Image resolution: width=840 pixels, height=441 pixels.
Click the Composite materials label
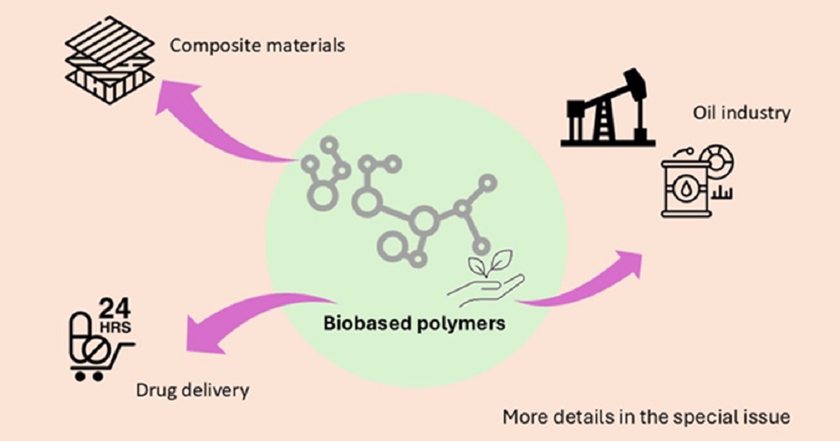pos(258,47)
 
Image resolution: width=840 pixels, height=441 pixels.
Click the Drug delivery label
pos(192,389)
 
